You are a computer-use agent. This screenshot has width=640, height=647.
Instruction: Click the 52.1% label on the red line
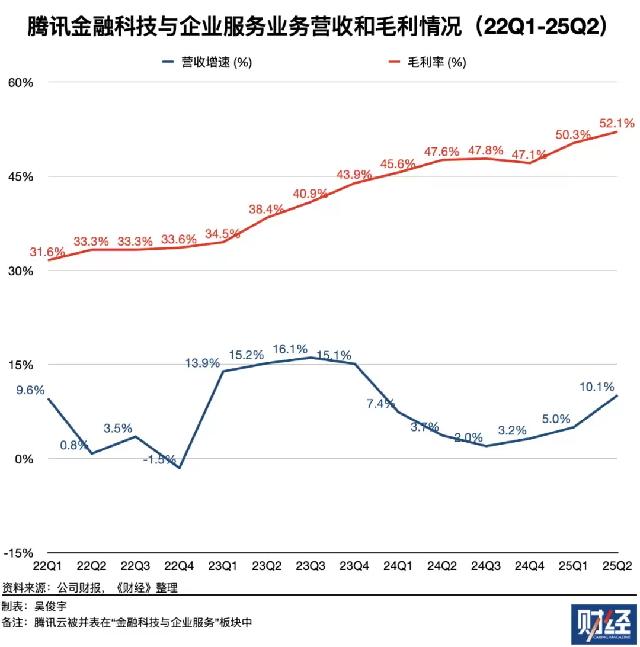616,123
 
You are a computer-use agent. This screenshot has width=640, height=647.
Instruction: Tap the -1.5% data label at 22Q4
160,459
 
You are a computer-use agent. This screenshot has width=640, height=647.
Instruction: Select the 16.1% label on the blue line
290,349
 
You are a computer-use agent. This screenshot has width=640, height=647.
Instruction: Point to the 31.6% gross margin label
47,252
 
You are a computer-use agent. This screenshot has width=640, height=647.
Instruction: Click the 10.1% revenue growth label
597,387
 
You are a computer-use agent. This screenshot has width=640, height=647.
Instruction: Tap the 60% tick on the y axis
20,82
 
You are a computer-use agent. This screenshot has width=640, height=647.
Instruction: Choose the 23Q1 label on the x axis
224,566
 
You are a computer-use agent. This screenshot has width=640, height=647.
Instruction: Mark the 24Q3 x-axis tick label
485,566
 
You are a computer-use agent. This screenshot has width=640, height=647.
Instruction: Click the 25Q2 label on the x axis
616,566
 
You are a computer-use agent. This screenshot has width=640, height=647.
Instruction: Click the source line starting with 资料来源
89,588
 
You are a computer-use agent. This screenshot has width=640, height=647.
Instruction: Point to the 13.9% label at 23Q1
203,363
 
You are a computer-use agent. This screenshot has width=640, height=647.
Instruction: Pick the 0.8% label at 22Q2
75,445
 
